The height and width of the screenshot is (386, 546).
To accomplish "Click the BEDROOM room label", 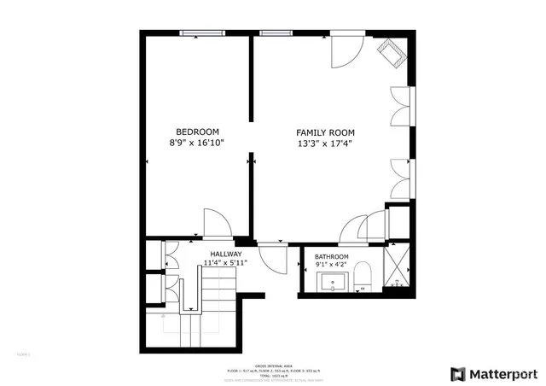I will point(197,132).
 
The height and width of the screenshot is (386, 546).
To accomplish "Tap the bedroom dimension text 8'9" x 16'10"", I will point(197,143).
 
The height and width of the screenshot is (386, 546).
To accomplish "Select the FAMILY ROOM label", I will point(325,132).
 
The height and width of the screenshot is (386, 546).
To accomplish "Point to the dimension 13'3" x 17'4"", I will point(325,144).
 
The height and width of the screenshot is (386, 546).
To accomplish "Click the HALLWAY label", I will point(226,254).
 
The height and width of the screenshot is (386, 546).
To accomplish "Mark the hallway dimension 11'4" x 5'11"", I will point(226,264).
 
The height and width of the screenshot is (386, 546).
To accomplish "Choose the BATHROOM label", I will point(332,257).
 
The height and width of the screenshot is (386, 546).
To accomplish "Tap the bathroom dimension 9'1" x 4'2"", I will point(332,266).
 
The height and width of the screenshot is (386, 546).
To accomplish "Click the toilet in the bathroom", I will point(363,276).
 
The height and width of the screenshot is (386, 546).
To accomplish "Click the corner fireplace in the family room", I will point(395,53).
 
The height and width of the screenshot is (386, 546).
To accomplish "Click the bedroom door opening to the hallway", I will point(217,224).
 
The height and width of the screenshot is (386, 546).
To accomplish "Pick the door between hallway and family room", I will point(273,256).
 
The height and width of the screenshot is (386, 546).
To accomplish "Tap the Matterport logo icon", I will point(458,374).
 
